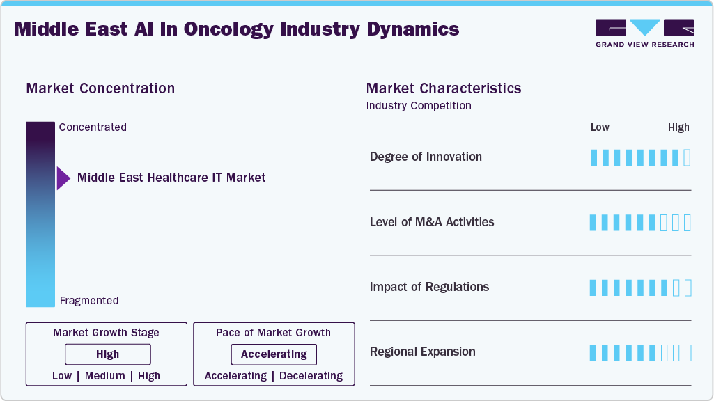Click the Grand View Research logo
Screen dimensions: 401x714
(645, 33)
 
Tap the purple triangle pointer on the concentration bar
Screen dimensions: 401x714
(63, 178)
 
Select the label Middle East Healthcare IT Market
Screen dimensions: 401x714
(171, 178)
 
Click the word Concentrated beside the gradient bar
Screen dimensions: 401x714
(93, 127)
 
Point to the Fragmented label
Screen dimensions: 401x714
(89, 301)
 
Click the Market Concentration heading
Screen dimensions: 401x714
(100, 88)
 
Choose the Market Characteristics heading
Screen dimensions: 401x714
(444, 88)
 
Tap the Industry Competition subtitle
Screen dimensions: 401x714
(419, 106)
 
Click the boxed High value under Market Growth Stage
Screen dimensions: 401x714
(107, 354)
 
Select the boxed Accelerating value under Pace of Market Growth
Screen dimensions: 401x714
(274, 354)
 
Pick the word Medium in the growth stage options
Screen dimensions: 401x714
(105, 376)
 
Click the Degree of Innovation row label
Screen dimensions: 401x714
(426, 157)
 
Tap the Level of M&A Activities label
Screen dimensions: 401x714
(432, 222)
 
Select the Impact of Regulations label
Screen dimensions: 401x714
(429, 287)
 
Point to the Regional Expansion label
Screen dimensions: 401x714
(423, 352)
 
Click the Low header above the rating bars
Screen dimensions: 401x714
(600, 127)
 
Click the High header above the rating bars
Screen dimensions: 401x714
(678, 127)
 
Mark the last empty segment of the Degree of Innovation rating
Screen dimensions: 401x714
(688, 157)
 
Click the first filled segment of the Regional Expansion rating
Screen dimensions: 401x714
(593, 353)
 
